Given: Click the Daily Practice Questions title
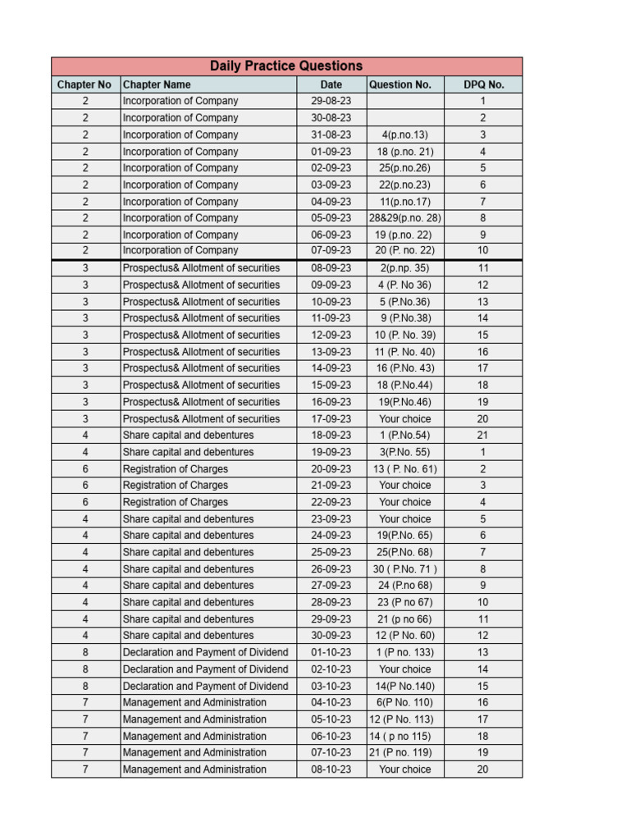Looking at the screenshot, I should click(x=286, y=66).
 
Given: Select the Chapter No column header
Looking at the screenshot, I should click(x=84, y=84).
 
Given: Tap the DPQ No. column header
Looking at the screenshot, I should click(x=483, y=84).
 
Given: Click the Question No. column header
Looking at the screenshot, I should click(x=400, y=84).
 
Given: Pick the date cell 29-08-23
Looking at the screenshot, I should click(x=331, y=101).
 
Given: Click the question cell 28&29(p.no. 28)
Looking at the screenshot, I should click(x=404, y=218).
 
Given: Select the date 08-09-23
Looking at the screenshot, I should click(x=331, y=268).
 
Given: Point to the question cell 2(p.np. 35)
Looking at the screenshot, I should click(x=404, y=268).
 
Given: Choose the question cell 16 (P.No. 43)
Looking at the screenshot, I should click(x=404, y=368).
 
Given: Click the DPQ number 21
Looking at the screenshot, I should click(x=483, y=436).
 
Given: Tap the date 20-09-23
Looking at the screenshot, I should click(x=331, y=469).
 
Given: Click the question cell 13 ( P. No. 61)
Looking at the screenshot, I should click(x=404, y=469).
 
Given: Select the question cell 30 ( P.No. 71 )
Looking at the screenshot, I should click(x=404, y=569).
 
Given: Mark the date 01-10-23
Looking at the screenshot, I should click(x=331, y=653).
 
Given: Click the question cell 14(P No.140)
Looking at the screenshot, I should click(x=404, y=687).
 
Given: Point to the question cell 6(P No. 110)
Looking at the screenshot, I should click(x=404, y=703).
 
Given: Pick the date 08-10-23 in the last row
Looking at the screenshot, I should click(x=331, y=769).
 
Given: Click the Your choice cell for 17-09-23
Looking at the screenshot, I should click(x=404, y=419).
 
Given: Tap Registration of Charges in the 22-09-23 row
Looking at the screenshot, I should click(x=176, y=502).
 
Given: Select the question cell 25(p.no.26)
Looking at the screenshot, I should click(x=404, y=168).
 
